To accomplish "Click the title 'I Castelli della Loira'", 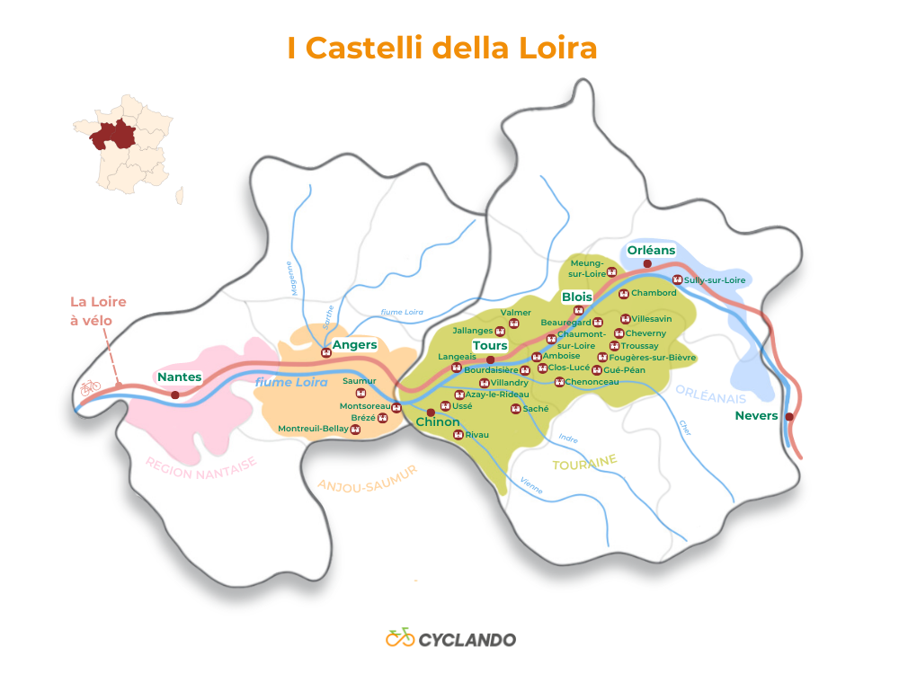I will coord(441,48).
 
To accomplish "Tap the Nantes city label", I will coord(180,377).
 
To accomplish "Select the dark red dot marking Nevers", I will coord(789,417).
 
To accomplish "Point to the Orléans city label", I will coord(651,251).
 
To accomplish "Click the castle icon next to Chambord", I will coord(624,293).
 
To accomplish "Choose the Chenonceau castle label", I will coord(592,382).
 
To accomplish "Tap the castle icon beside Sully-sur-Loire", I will coord(677,280).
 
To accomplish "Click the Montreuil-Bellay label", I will coord(313,429).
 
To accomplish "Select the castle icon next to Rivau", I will coord(458,435).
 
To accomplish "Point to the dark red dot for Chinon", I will coord(431,412).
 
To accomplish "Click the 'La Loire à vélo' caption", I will coord(98,310).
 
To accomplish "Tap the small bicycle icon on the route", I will coord(90,388).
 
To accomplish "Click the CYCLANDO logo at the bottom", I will coord(450,639).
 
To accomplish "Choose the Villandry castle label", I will coord(509,383).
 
